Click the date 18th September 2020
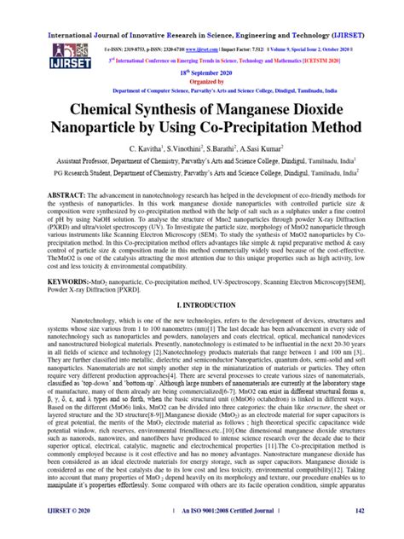202,75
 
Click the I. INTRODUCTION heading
202,304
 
